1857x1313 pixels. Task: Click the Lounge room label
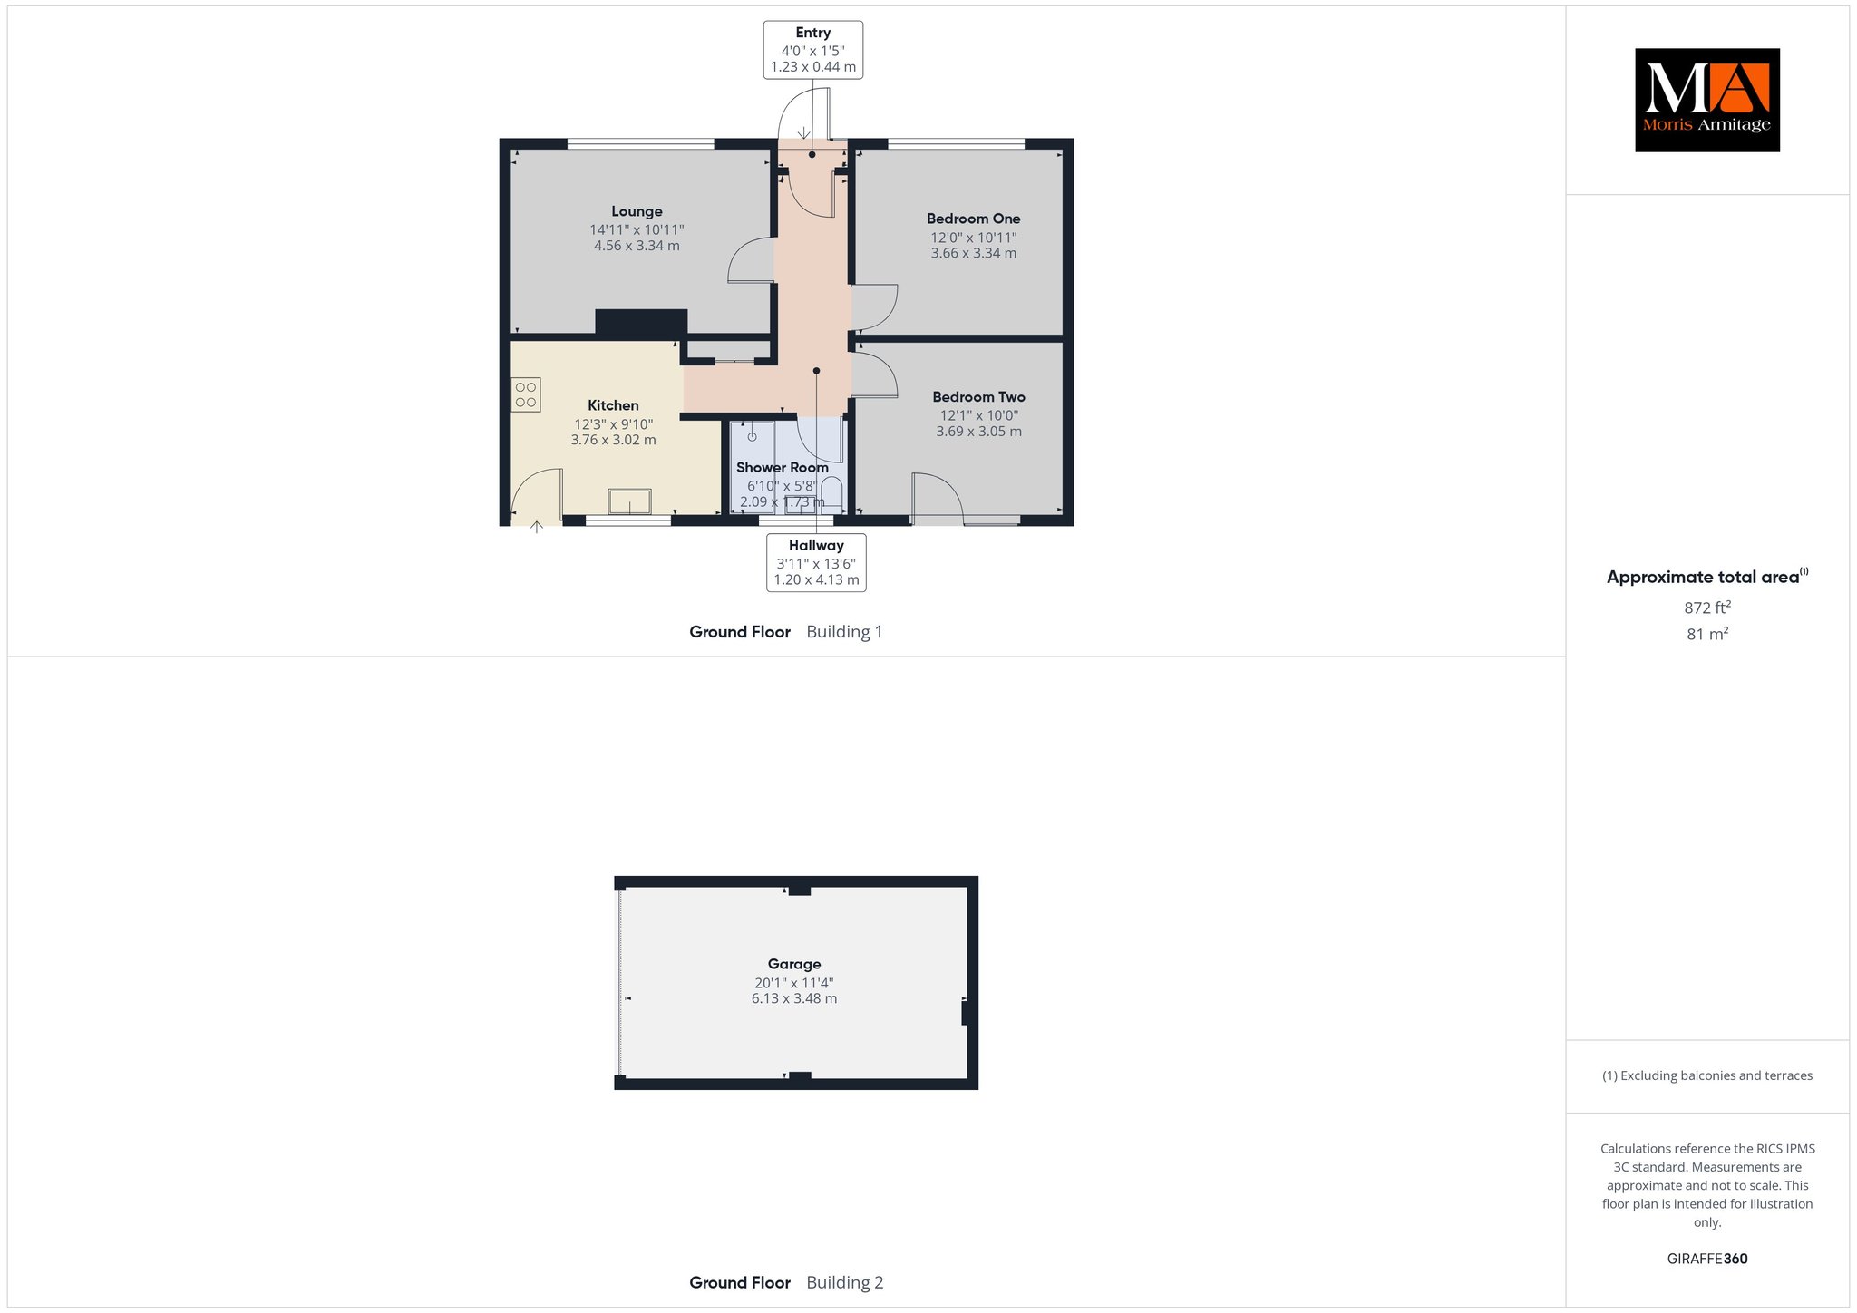pos(637,211)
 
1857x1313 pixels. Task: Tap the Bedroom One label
pos(973,219)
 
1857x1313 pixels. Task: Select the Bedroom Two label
pos(978,397)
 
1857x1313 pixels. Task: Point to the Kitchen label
pos(613,405)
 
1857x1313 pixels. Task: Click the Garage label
pos(794,964)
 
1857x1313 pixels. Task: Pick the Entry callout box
pos(813,50)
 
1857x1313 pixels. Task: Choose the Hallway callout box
pos(816,562)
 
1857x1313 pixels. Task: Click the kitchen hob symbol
pos(526,394)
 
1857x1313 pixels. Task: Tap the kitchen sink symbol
pos(629,501)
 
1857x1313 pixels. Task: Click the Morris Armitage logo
pos(1707,100)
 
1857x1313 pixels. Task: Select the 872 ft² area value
pos(1707,608)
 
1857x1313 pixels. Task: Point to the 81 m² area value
pos(1707,634)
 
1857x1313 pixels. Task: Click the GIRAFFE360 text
pos(1707,1259)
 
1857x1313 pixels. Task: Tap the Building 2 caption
pos(844,1282)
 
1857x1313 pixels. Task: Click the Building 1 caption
pos(844,632)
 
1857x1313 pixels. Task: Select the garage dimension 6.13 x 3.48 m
pos(794,998)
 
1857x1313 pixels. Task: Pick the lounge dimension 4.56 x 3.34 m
pos(637,246)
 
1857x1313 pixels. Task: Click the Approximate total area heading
pos(1707,577)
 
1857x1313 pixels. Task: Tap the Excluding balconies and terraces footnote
pos(1707,1075)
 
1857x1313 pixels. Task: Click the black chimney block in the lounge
pos(641,322)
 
